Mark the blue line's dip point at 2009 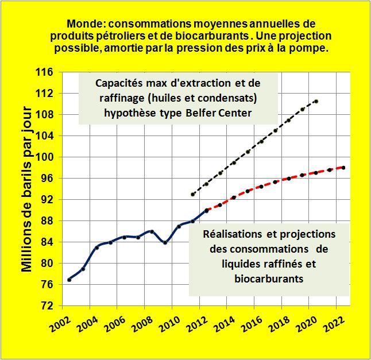pos(165,242)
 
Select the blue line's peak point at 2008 pos(152,231)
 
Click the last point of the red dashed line pos(343,168)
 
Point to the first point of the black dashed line pos(193,195)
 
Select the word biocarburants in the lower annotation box pos(269,279)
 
